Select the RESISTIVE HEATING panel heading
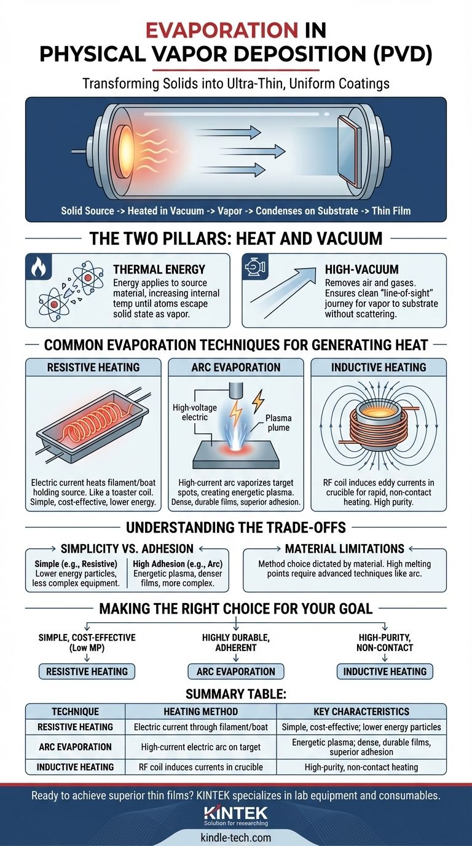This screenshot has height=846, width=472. point(92,368)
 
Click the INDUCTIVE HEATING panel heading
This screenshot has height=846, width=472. point(379,368)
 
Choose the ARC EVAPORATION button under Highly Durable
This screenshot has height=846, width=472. point(236,671)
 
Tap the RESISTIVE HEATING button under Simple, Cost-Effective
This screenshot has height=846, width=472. point(87,671)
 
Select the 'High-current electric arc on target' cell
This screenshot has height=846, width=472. point(200,746)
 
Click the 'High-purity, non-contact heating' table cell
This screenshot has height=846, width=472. point(361,767)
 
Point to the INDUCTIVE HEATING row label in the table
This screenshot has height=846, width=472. point(75,767)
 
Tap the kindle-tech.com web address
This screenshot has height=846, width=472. point(236,837)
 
